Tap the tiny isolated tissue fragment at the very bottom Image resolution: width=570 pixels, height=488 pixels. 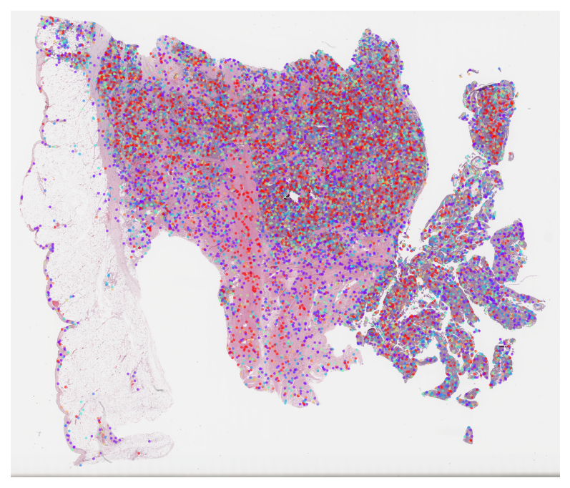pos(468,434)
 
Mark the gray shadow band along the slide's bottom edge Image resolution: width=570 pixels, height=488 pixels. pos(286,474)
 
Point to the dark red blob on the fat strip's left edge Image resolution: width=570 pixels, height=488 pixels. pos(56,304)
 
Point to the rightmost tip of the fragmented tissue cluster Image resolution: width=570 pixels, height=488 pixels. pos(544,306)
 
